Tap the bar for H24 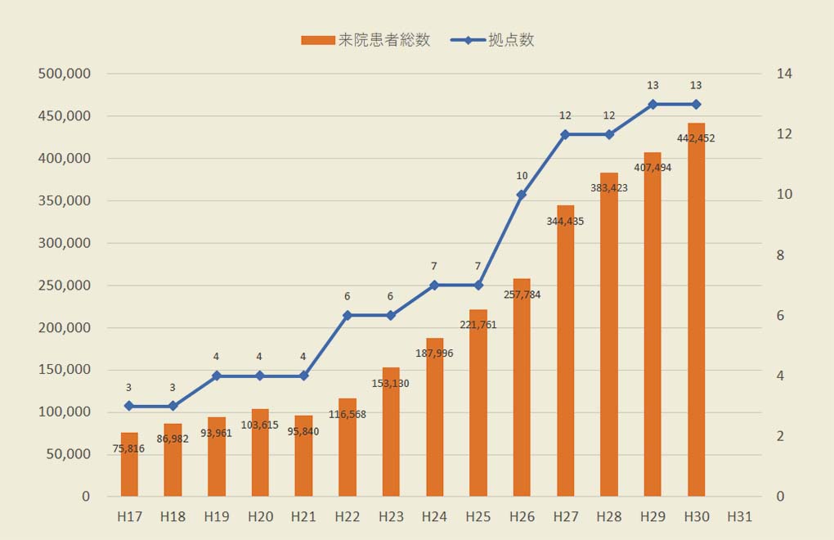[434, 425]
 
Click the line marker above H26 [522, 195]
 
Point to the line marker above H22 [347, 315]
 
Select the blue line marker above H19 [217, 376]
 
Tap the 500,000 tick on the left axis [64, 74]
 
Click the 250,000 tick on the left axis [64, 286]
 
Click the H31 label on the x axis [739, 517]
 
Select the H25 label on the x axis [478, 517]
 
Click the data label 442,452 [696, 138]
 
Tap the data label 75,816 [129, 448]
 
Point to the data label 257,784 [522, 295]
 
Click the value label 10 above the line [522, 176]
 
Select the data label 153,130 [391, 383]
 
